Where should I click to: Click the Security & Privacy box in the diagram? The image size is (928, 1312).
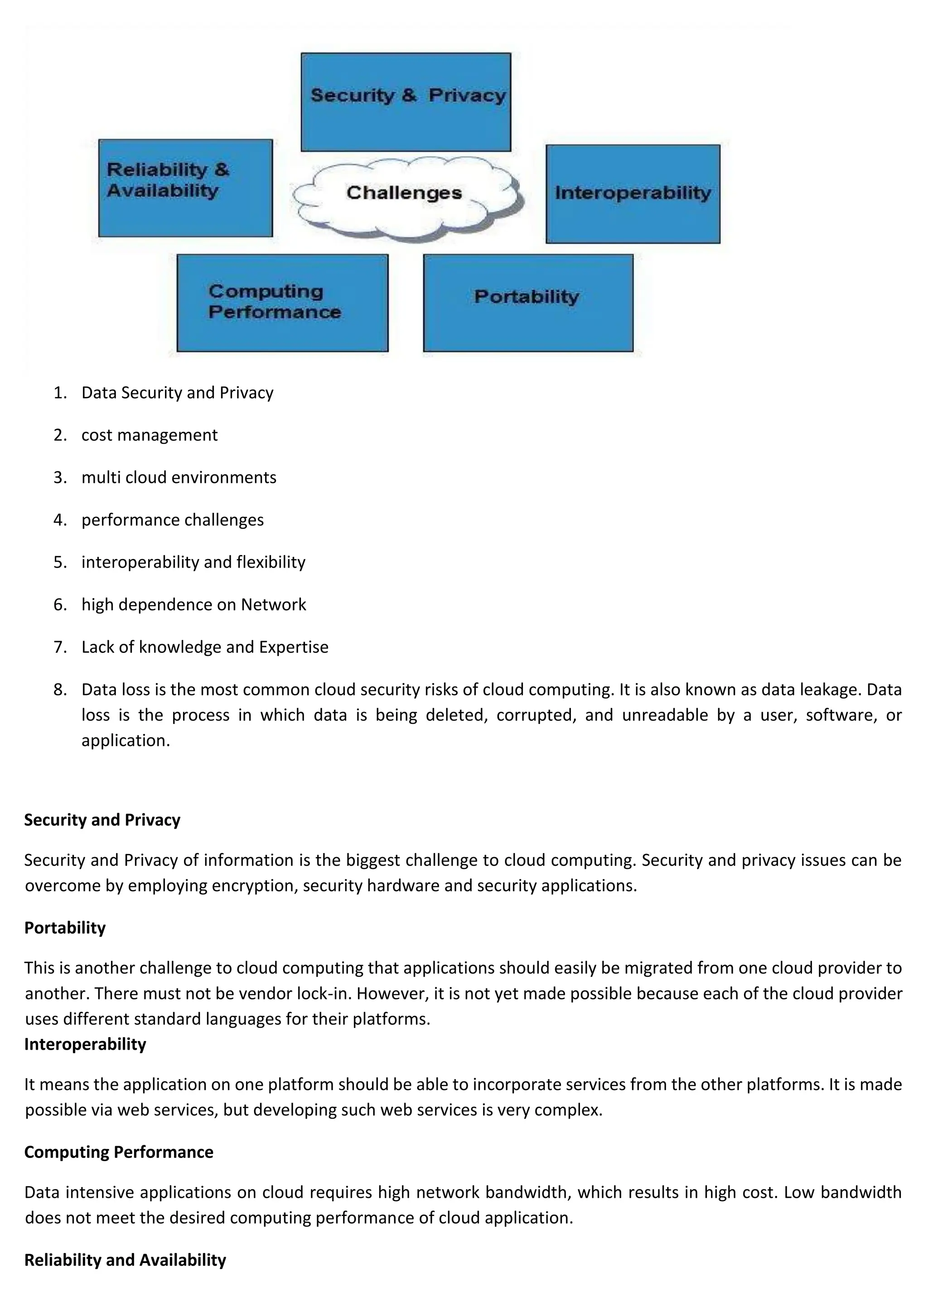pos(406,102)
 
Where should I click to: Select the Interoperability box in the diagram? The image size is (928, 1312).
pos(633,194)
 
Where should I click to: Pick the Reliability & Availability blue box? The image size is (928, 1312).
pos(185,188)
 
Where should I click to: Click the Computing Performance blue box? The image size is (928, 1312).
pos(282,303)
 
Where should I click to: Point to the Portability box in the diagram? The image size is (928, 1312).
pos(528,303)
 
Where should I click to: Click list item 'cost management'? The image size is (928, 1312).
pos(149,435)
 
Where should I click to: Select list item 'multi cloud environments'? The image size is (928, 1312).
pos(179,478)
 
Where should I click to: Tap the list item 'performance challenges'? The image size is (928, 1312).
pos(173,520)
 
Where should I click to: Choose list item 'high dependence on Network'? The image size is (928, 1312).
pos(194,604)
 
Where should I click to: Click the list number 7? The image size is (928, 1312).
pos(59,647)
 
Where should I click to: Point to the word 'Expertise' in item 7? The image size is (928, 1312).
pos(294,647)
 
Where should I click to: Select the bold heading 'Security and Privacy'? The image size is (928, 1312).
pos(102,820)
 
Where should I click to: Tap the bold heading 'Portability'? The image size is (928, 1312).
pos(65,927)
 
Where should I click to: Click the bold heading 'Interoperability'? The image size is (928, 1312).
pos(85,1044)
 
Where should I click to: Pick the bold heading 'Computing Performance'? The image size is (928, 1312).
pos(119,1152)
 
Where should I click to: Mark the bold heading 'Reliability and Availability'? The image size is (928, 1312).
pos(125,1260)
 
